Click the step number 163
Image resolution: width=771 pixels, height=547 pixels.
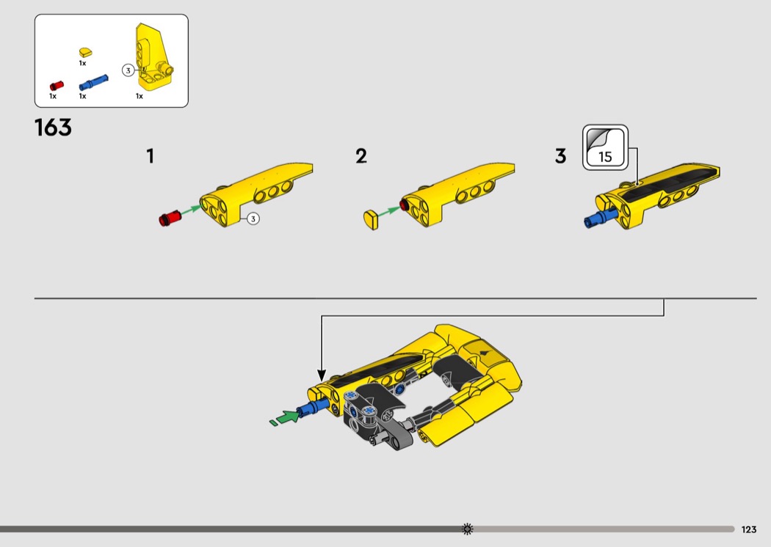pyautogui.click(x=53, y=128)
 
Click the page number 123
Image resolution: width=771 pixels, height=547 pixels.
pyautogui.click(x=749, y=529)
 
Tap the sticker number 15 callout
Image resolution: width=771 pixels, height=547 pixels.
pyautogui.click(x=605, y=148)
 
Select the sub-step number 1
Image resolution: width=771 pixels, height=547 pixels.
pyautogui.click(x=151, y=156)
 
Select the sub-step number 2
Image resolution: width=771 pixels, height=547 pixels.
pyautogui.click(x=361, y=156)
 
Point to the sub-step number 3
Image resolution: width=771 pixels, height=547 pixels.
pyautogui.click(x=560, y=156)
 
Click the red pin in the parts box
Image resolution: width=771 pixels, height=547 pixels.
pyautogui.click(x=57, y=86)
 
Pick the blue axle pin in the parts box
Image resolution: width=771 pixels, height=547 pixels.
pyautogui.click(x=93, y=83)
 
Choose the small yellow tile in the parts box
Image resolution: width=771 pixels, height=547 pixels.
pyautogui.click(x=86, y=53)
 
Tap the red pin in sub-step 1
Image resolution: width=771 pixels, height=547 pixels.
pyautogui.click(x=170, y=218)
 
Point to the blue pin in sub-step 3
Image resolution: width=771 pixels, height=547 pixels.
pyautogui.click(x=600, y=218)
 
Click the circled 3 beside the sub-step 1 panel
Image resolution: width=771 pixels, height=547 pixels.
pyautogui.click(x=253, y=219)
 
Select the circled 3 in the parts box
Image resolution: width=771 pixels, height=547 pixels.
pyautogui.click(x=128, y=70)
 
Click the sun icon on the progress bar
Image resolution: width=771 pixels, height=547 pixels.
pyautogui.click(x=468, y=529)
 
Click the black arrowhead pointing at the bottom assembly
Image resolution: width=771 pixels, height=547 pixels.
pyautogui.click(x=322, y=375)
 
